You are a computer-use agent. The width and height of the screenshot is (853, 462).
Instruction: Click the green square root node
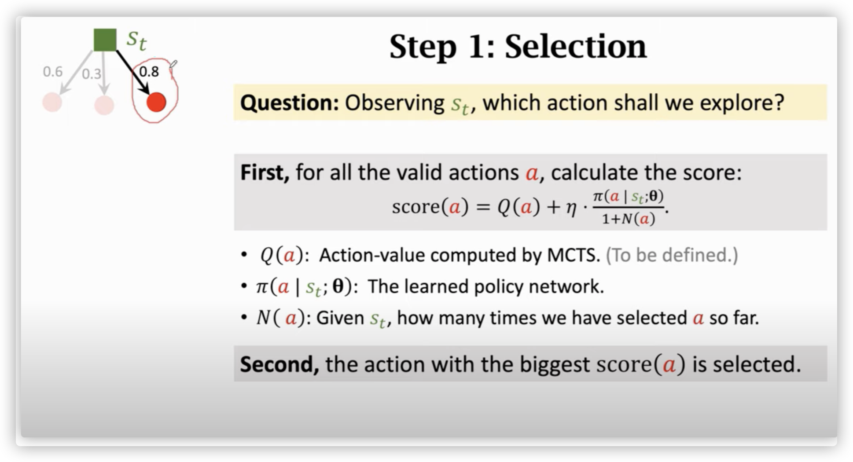point(105,40)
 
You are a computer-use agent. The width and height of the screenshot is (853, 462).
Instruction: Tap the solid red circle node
point(156,102)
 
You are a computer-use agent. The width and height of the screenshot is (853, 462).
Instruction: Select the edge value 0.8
point(149,71)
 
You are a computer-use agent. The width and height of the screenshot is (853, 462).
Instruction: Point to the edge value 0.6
point(53,71)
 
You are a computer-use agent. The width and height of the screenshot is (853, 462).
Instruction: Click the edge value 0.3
point(92,73)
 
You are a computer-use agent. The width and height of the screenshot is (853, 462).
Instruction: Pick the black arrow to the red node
point(133,72)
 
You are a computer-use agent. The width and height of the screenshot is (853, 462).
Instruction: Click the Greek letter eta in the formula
point(571,208)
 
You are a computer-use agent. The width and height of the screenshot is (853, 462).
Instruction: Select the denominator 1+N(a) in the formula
point(628,219)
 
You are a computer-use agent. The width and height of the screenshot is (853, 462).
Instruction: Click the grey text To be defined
point(672,255)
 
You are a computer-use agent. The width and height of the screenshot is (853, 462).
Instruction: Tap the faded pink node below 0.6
point(52,102)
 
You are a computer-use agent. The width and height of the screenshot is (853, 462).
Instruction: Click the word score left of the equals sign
point(415,207)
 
